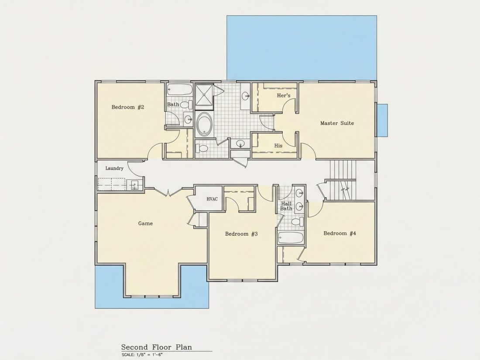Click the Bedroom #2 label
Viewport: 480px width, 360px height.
[128, 107]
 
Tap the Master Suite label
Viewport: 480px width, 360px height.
[337, 123]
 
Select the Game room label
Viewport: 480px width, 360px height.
[145, 223]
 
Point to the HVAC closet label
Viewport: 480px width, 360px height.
[212, 199]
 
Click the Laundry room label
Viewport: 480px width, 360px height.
[114, 168]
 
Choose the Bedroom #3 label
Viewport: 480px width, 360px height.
[242, 234]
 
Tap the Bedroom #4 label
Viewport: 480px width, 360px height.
[340, 233]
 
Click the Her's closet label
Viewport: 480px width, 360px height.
[284, 96]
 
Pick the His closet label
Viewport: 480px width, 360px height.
[278, 146]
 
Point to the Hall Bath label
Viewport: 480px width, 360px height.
[286, 206]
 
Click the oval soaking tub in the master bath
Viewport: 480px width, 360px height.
[204, 124]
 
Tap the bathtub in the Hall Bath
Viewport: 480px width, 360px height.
[291, 238]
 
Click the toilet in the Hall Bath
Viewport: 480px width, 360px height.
[297, 222]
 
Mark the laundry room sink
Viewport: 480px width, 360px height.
[134, 185]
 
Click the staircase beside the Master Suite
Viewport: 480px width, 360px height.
[343, 180]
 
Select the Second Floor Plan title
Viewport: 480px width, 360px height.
[157, 347]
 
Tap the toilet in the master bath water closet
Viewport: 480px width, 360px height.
[202, 149]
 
